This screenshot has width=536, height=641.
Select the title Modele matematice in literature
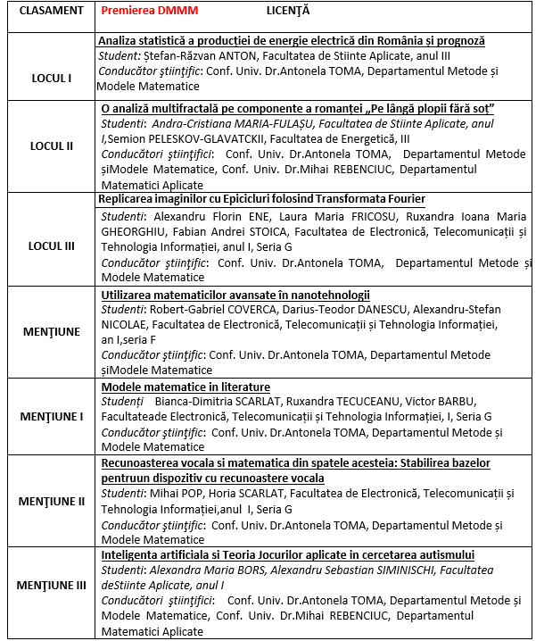click(x=186, y=387)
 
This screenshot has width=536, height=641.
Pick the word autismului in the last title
click(x=444, y=555)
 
